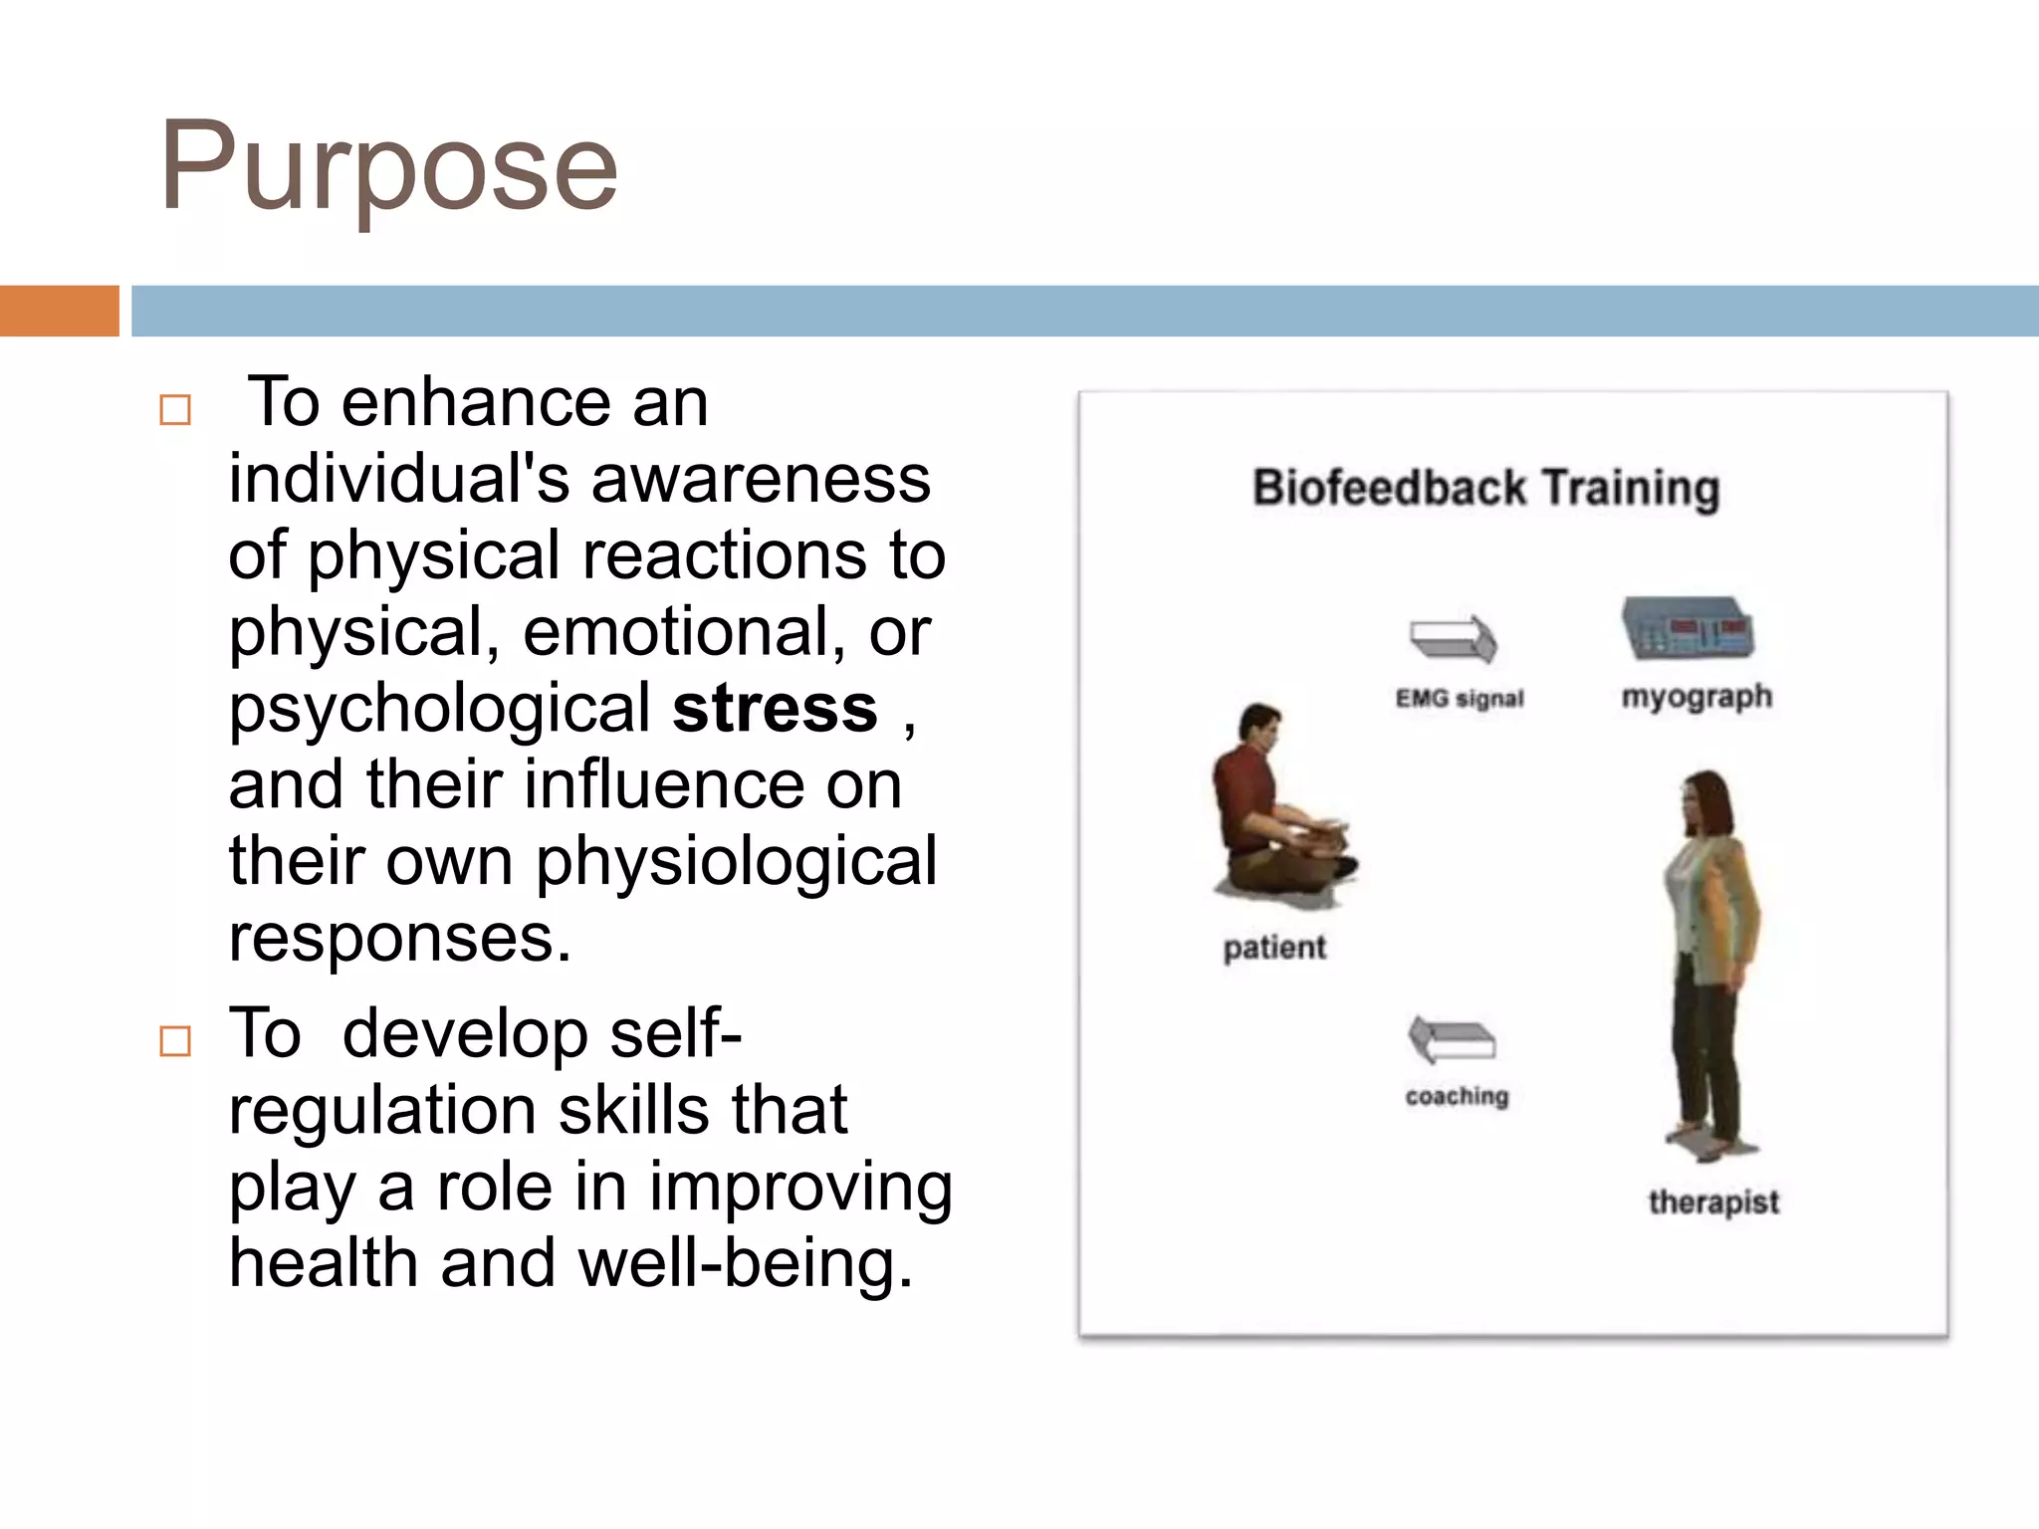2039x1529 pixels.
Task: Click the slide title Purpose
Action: [x=388, y=167]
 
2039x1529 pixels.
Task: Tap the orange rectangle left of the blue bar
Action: [x=59, y=311]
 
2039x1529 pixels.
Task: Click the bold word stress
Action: [x=775, y=709]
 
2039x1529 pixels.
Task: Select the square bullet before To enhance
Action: [x=175, y=410]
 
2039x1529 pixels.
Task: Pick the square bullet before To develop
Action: [x=175, y=1041]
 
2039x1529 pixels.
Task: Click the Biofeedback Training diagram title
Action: [x=1485, y=489]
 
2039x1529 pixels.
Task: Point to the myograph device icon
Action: [x=1688, y=628]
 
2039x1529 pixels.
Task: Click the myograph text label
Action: [x=1697, y=696]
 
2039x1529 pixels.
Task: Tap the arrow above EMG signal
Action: [x=1453, y=638]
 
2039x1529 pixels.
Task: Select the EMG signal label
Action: [x=1460, y=699]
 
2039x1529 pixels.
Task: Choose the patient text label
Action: [x=1274, y=948]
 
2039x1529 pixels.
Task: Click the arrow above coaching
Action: [x=1452, y=1040]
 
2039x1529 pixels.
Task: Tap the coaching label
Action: [x=1457, y=1096]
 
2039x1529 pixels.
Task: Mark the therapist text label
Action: [x=1712, y=1202]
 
